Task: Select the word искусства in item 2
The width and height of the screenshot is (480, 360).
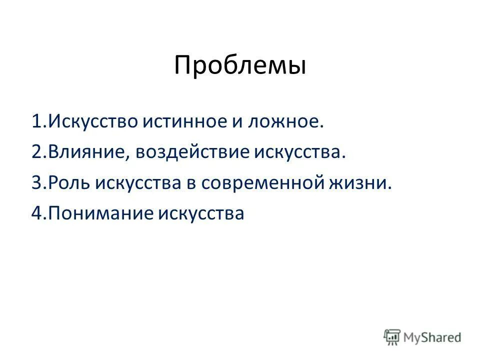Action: [x=300, y=152]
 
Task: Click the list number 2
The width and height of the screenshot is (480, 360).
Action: [x=37, y=152]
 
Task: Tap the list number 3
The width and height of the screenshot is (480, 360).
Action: [x=37, y=183]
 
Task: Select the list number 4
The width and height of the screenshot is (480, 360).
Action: [x=37, y=214]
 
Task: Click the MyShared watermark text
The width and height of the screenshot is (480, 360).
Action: [x=433, y=337]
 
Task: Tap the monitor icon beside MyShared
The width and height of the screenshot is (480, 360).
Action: [x=392, y=337]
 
